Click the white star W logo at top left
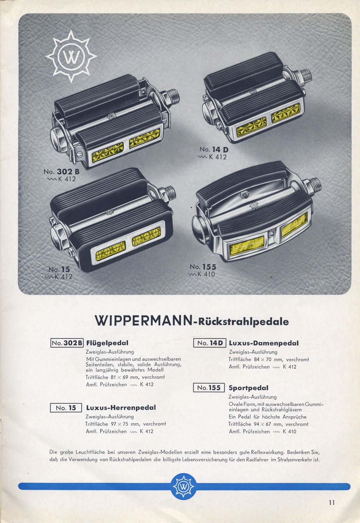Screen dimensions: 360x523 (71, 56)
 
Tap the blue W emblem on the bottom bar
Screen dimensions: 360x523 (183, 487)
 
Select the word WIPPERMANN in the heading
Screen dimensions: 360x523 (144, 321)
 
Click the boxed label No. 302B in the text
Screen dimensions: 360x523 (67, 343)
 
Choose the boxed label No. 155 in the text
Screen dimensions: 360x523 (209, 388)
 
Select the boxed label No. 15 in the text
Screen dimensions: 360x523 (66, 408)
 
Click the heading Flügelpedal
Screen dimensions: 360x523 (107, 343)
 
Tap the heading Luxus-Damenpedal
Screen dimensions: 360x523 (264, 343)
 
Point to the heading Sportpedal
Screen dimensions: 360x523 (249, 388)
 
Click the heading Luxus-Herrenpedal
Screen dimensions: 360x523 (121, 408)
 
